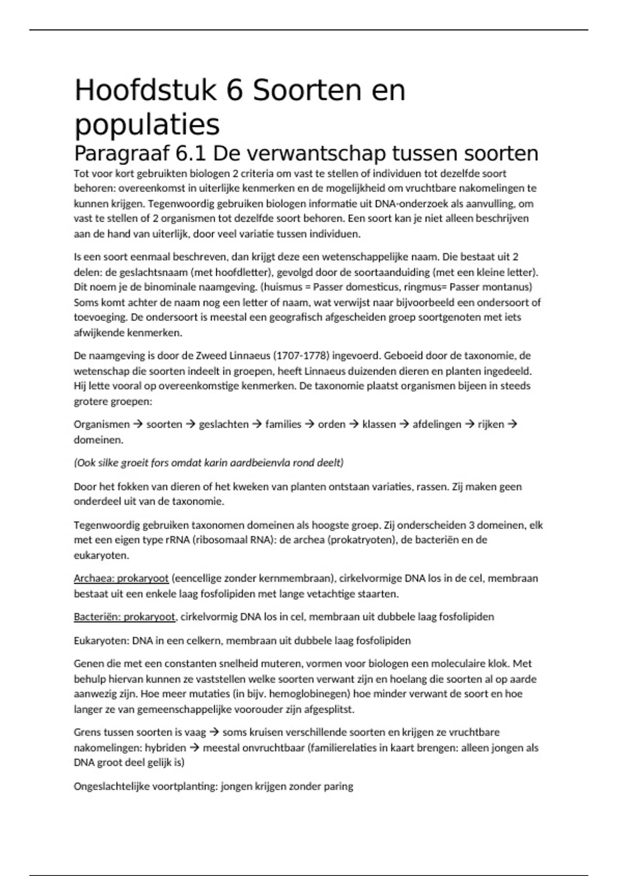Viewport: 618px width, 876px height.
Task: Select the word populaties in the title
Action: pyautogui.click(x=147, y=125)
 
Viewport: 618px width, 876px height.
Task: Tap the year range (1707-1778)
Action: pyautogui.click(x=300, y=356)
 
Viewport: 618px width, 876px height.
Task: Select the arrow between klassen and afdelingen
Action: pyautogui.click(x=404, y=425)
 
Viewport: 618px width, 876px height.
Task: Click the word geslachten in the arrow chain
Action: pyautogui.click(x=224, y=425)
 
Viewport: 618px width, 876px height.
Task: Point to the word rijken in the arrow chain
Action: pyautogui.click(x=491, y=425)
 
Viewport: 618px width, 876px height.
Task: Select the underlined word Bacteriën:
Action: pyautogui.click(x=97, y=617)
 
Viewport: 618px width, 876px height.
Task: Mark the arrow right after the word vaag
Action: pyautogui.click(x=214, y=732)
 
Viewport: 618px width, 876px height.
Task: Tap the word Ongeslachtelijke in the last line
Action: pyautogui.click(x=111, y=786)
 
